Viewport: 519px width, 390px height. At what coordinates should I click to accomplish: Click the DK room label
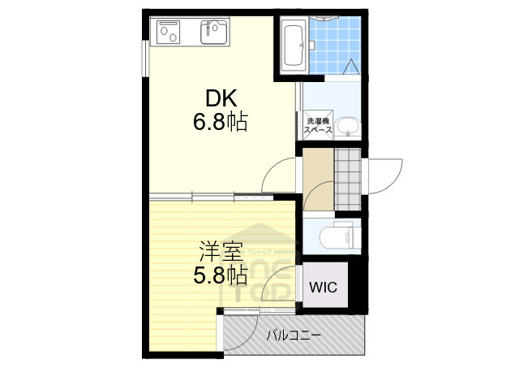(219, 98)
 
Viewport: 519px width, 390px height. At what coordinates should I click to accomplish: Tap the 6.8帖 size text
(219, 123)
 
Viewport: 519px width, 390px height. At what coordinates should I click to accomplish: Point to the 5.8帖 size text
(219, 275)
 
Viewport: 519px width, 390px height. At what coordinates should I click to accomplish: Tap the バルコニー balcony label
(294, 335)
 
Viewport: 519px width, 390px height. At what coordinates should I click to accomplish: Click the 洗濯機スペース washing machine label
(318, 126)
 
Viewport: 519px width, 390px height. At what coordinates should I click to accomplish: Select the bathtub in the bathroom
(294, 45)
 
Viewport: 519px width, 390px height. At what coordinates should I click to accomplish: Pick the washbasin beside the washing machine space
(348, 128)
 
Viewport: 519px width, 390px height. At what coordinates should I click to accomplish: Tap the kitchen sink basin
(215, 32)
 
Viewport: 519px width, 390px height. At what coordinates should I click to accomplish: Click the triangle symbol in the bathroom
(352, 68)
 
